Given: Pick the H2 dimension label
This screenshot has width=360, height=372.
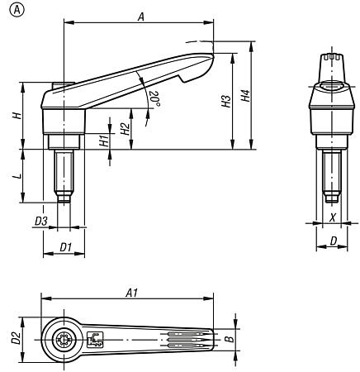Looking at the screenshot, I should [x=123, y=128].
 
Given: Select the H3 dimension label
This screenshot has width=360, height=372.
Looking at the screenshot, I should [x=225, y=102].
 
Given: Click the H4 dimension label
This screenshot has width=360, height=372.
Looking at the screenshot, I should [x=245, y=95].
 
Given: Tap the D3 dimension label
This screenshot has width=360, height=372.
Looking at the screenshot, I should [x=40, y=221].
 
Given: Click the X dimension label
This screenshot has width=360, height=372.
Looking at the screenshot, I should [x=331, y=217].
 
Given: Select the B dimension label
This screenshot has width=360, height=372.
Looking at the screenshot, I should [x=229, y=339].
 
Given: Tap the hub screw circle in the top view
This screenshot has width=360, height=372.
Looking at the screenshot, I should [x=64, y=340].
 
